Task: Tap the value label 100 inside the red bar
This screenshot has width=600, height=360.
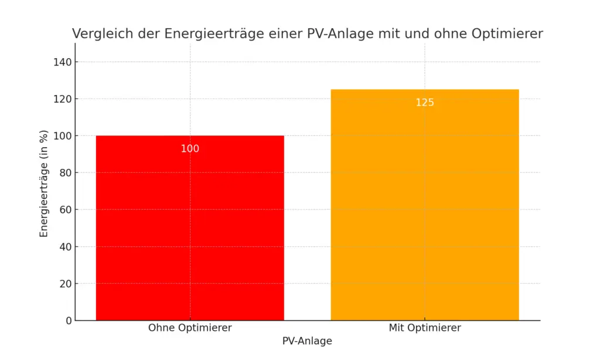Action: (x=190, y=149)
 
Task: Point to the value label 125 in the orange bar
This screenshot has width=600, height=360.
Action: (x=425, y=103)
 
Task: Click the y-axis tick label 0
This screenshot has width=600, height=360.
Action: (x=69, y=321)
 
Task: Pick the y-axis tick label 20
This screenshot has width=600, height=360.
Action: (x=66, y=284)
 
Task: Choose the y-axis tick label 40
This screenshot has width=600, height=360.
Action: (x=66, y=247)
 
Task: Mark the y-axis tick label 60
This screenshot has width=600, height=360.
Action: (x=66, y=210)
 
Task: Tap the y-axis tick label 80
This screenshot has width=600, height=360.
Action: (x=66, y=173)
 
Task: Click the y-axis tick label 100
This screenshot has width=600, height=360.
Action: (x=63, y=136)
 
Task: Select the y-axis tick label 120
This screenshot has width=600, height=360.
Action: (x=63, y=99)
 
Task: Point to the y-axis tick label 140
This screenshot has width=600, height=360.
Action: (x=63, y=62)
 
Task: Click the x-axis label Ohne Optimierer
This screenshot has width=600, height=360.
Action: (x=190, y=328)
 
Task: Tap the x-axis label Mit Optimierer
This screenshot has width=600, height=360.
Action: (x=425, y=328)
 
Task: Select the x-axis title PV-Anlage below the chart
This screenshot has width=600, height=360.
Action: (x=307, y=341)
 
